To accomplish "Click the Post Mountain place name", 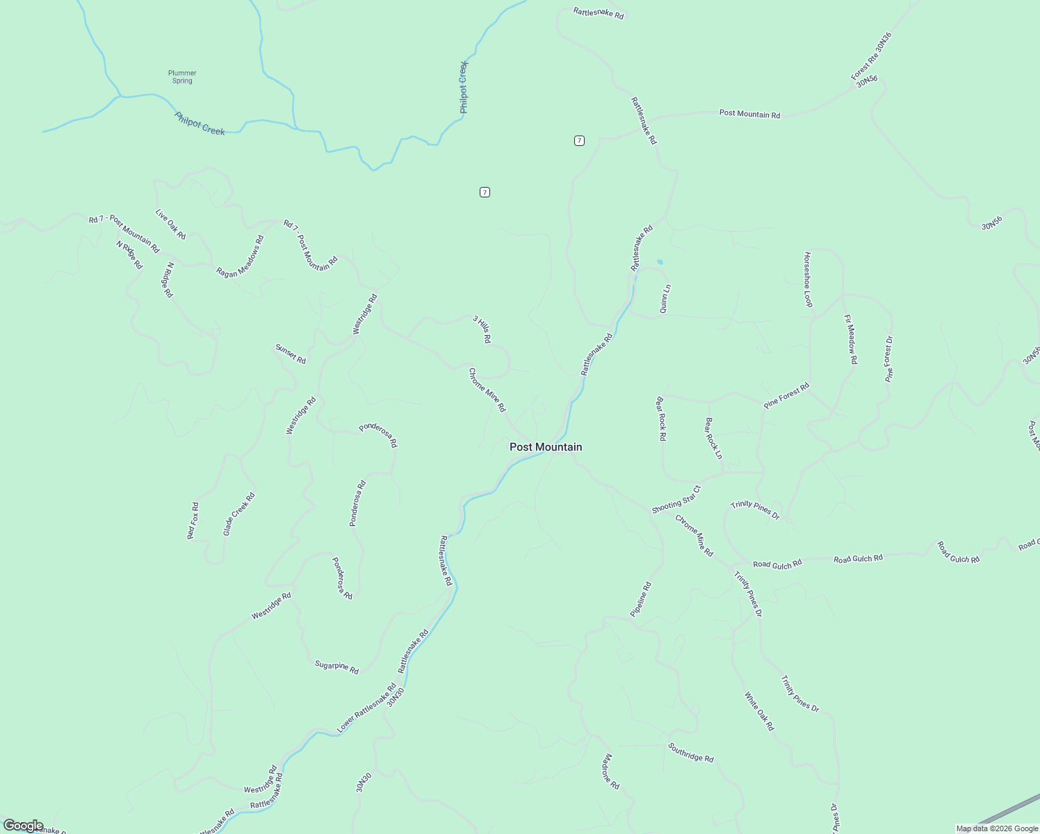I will tap(546, 447).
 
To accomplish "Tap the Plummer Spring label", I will tap(182, 76).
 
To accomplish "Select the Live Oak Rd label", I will tap(170, 224).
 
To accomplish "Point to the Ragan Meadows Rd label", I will tap(240, 256).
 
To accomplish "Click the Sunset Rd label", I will tap(291, 354).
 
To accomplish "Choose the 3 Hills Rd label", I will tap(482, 329).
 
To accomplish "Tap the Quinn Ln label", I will tap(665, 299).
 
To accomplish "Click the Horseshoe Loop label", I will tap(808, 279).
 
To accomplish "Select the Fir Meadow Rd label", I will tap(851, 339).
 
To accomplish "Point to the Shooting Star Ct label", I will tap(676, 500).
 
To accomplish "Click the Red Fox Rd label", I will tap(193, 521).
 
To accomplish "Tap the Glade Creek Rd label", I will tap(239, 514).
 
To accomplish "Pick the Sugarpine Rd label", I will tap(336, 667).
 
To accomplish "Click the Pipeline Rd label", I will tap(641, 600).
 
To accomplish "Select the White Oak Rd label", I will tap(759, 711).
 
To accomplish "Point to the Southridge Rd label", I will tap(691, 753).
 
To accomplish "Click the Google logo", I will tap(23, 825).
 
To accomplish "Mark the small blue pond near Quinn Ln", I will tap(660, 262).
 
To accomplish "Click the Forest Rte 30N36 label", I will tap(871, 56).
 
